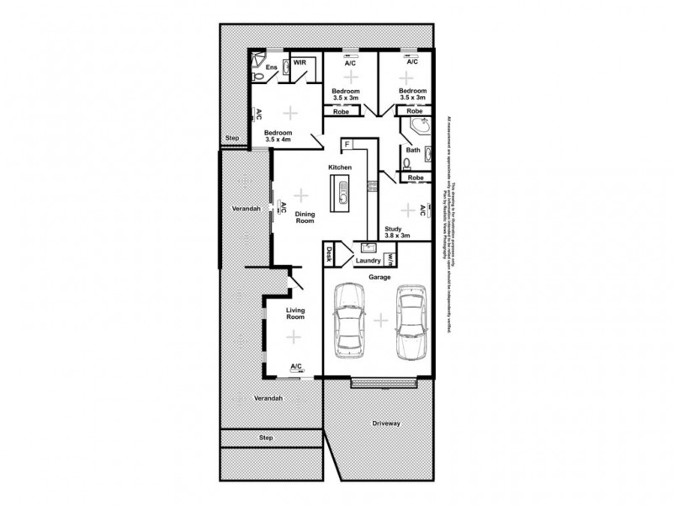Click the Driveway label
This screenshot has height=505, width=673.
(386, 423)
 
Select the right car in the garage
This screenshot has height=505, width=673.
(411, 322)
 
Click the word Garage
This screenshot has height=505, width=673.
(378, 276)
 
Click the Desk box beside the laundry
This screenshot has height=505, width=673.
(330, 253)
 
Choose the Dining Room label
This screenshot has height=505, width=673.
(305, 216)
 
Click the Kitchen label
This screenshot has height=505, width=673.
(340, 169)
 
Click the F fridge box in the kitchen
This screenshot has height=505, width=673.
(346, 145)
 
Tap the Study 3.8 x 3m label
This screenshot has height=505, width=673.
(397, 232)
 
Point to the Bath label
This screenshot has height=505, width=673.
(414, 151)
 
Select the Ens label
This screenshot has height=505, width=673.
(271, 67)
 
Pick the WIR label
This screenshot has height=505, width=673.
(299, 63)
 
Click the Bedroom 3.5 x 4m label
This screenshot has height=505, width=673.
(278, 136)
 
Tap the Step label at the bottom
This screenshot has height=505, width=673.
(266, 438)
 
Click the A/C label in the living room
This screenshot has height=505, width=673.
(296, 367)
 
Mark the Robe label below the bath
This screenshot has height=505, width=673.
(415, 178)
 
